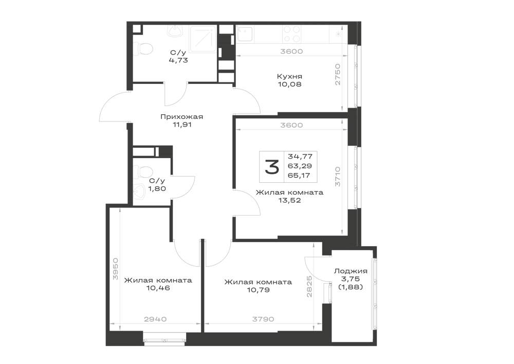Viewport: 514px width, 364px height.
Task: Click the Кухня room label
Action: pyautogui.click(x=289, y=77)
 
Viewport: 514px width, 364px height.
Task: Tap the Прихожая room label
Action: pyautogui.click(x=181, y=117)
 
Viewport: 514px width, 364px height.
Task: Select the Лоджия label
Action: pyautogui.click(x=351, y=271)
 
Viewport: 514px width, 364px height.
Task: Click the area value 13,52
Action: pyautogui.click(x=289, y=200)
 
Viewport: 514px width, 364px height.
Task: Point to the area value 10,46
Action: pyautogui.click(x=158, y=288)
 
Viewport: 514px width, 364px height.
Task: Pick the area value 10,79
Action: pyautogui.click(x=259, y=290)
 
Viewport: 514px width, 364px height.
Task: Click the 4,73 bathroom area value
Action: pyautogui.click(x=178, y=60)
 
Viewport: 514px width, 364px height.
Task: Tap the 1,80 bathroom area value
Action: pyautogui.click(x=157, y=189)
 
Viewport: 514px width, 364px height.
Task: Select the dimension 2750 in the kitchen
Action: pyautogui.click(x=338, y=75)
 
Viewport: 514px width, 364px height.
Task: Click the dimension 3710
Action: pyautogui.click(x=338, y=177)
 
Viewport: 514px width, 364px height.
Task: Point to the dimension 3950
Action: pyautogui.click(x=115, y=269)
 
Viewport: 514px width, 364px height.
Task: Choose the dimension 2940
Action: pyautogui.click(x=155, y=319)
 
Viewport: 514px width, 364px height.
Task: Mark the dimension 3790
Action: pyautogui.click(x=263, y=319)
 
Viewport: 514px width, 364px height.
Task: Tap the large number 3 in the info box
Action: pyautogui.click(x=272, y=167)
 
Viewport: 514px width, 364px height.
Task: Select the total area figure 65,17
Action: pyautogui.click(x=299, y=175)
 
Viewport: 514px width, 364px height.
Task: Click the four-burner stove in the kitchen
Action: pyautogui.click(x=292, y=34)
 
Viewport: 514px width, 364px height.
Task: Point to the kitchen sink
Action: pyautogui.click(x=244, y=34)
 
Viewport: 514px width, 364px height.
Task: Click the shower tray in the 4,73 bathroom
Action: pyautogui.click(x=202, y=40)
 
